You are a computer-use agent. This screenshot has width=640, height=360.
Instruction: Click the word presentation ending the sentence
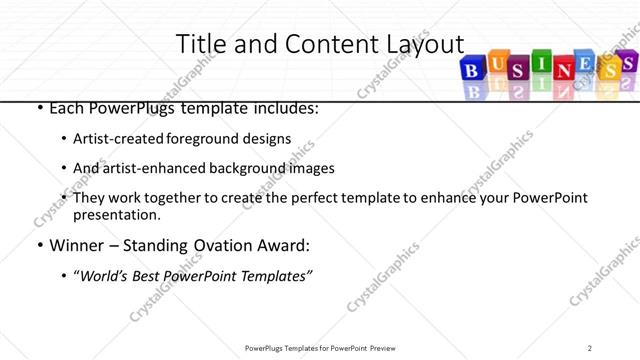click(x=116, y=215)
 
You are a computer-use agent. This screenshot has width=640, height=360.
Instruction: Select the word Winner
click(x=76, y=244)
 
